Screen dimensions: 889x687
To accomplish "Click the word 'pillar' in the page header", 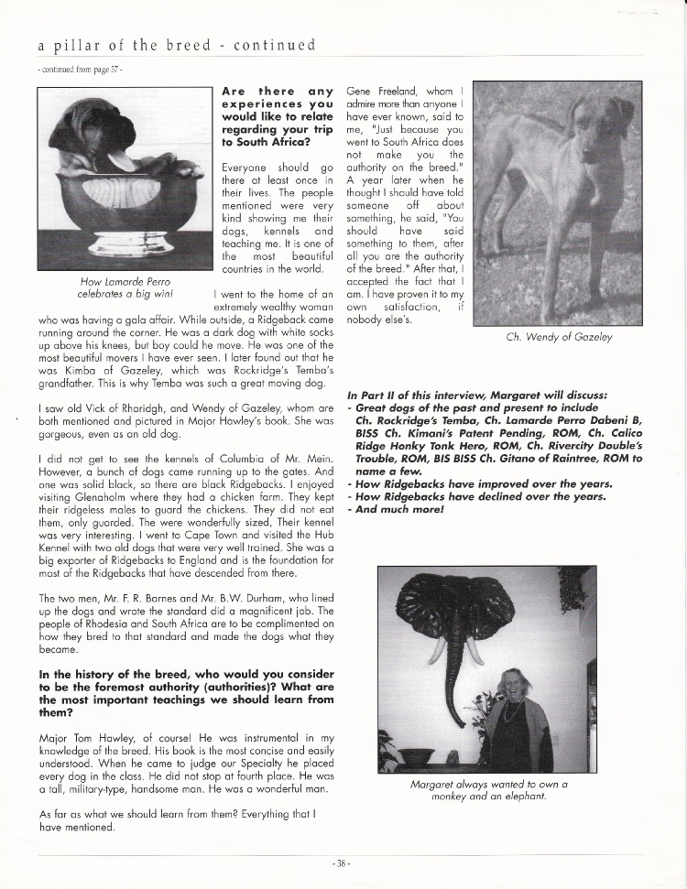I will [82, 44].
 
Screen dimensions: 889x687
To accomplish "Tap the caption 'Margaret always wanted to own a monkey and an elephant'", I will [487, 790].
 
